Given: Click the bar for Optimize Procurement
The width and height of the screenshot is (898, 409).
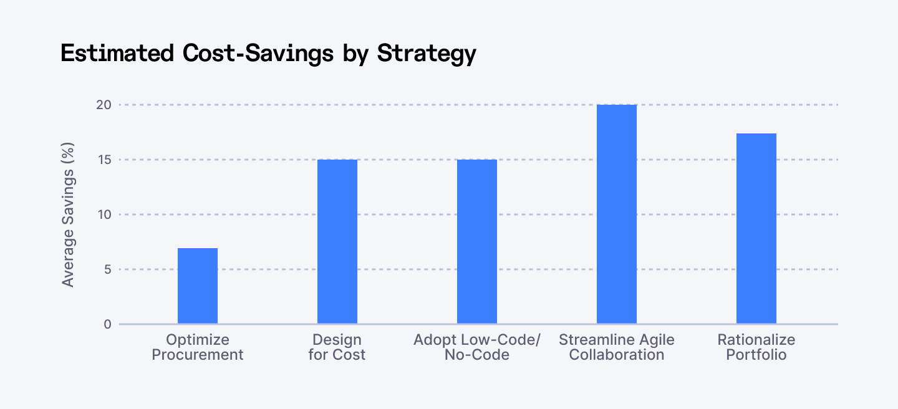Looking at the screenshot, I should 198,286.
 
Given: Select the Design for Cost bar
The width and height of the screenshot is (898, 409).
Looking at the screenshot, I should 337,242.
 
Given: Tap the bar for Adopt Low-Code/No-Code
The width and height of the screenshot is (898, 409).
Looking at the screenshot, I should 477,242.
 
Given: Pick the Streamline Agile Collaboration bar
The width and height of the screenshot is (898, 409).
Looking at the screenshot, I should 617,214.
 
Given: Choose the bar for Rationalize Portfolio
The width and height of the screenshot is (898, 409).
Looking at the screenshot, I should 756,229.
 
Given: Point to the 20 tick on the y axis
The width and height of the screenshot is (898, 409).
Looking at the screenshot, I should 104,105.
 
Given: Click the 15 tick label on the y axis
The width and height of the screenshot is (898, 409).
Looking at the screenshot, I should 104,160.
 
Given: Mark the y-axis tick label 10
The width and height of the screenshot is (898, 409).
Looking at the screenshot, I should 104,214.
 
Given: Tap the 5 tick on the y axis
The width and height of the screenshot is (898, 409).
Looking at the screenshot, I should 107,269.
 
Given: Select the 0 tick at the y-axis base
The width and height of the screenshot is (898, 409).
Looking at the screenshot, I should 107,324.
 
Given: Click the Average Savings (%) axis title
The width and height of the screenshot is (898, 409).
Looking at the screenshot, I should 68,214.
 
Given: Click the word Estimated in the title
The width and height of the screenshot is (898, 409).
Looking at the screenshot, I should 117,54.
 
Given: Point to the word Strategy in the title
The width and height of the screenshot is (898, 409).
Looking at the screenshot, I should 427,54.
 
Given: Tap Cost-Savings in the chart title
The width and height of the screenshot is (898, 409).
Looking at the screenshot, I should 258,54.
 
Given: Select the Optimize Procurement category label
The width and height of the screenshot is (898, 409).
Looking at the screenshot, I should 198,347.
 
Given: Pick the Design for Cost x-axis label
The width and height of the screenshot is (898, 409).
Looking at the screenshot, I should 337,347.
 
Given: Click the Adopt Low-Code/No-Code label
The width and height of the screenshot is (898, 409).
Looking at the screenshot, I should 477,347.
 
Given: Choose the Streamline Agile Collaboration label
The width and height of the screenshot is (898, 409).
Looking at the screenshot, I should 617,347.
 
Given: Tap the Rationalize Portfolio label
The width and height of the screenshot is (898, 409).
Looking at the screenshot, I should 756,347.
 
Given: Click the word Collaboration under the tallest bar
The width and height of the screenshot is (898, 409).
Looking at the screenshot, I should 617,355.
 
